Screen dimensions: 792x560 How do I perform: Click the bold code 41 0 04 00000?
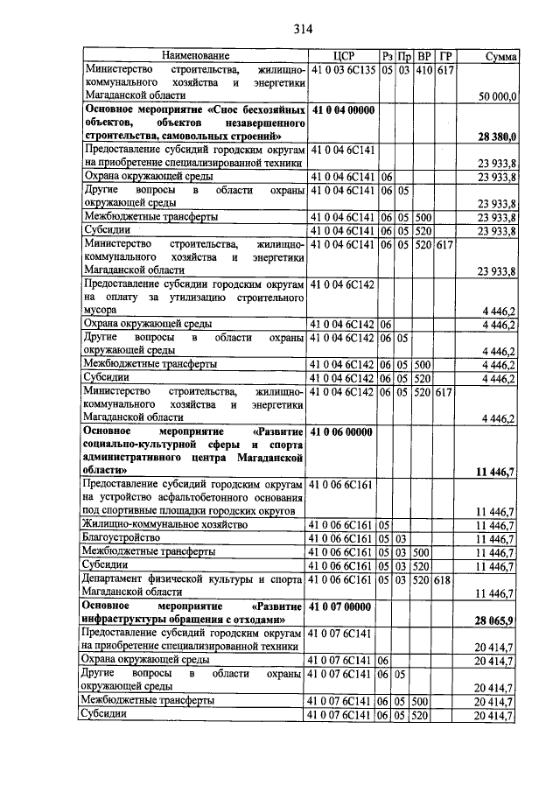(x=342, y=109)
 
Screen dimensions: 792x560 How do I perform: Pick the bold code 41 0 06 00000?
(x=342, y=431)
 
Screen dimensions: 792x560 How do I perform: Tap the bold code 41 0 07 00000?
(x=342, y=606)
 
